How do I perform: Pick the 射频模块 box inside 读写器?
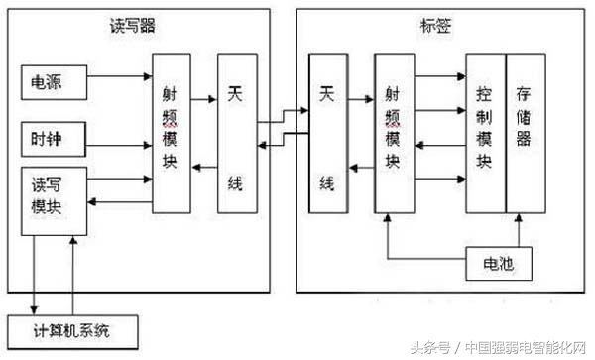[171, 133]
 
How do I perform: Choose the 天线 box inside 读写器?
[236, 133]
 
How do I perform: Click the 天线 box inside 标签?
[327, 133]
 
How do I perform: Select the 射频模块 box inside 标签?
[393, 133]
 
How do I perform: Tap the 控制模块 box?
[485, 133]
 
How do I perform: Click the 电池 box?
[492, 265]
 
